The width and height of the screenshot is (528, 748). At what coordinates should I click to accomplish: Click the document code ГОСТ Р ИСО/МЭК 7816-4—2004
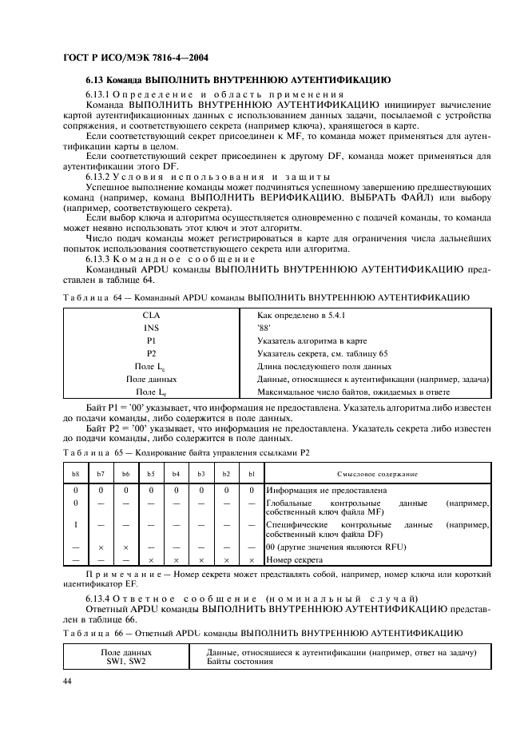pyautogui.click(x=136, y=58)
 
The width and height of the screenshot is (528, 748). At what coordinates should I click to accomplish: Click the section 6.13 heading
pyautogui.click(x=238, y=81)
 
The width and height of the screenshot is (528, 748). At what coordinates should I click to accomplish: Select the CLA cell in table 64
pyautogui.click(x=151, y=316)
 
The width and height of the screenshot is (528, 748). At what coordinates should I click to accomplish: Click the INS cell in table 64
pyautogui.click(x=151, y=328)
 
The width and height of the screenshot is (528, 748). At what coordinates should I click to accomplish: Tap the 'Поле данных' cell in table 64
pyautogui.click(x=151, y=379)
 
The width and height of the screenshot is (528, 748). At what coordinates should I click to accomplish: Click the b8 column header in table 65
pyautogui.click(x=75, y=474)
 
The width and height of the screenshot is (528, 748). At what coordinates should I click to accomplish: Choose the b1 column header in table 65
pyautogui.click(x=251, y=474)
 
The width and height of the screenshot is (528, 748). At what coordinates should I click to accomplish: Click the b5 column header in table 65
pyautogui.click(x=150, y=474)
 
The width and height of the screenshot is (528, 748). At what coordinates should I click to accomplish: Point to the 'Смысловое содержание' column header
pyautogui.click(x=377, y=474)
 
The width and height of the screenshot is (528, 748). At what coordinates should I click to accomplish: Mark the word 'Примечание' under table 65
pyautogui.click(x=113, y=574)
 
